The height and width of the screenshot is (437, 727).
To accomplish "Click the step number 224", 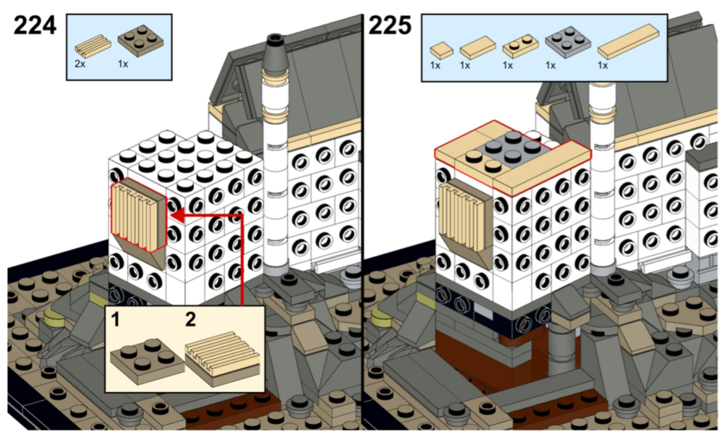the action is pos(35,25).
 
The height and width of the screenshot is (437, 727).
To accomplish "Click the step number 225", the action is pos(389,25).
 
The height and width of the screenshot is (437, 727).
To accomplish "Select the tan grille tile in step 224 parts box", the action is pos(93,44).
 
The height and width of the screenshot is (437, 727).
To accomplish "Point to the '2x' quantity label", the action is pos(80,64).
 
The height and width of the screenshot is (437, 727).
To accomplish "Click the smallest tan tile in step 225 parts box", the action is pos(441,49).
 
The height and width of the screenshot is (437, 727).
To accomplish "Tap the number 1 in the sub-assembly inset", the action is pos(115,320).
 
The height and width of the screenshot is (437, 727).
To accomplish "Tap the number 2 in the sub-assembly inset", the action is pos(190,320).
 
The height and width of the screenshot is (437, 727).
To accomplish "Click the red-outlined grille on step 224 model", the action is pos(138,215).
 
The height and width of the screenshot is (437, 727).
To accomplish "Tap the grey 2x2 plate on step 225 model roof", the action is pos(514,149).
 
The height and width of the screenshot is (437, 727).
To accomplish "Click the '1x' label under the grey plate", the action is pos(550,65).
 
